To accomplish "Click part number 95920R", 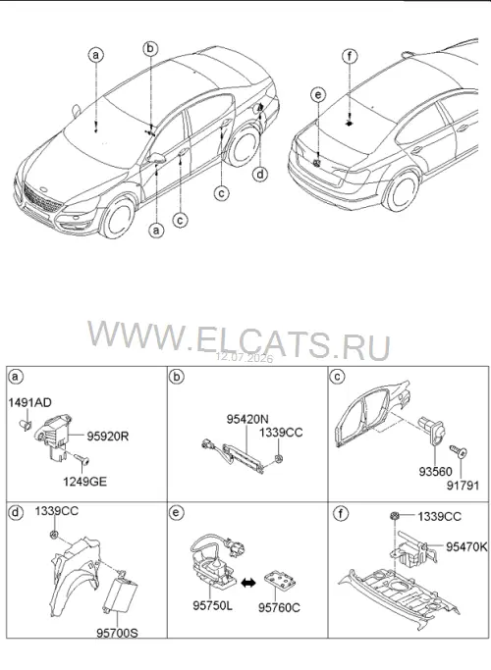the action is point(108,437).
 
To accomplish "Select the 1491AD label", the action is point(29,402).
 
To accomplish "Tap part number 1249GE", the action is point(85,482).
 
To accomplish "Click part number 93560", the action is point(435,472).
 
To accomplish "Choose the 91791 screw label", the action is point(464,486).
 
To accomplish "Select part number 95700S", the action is point(117,633).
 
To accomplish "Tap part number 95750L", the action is point(212,605).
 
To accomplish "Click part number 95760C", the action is point(279,607).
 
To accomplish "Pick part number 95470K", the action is point(466,546).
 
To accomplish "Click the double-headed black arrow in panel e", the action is point(248,583).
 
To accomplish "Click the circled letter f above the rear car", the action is point(350,56).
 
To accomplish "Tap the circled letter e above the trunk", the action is point(318,95).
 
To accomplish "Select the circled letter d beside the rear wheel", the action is point(260,174).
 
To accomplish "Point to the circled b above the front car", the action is point(150,49).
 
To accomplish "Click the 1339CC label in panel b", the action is point(281,433).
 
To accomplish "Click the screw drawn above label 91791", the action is point(458,451).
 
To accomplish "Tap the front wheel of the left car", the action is point(117,217).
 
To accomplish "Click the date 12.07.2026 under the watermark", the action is point(245,358).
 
